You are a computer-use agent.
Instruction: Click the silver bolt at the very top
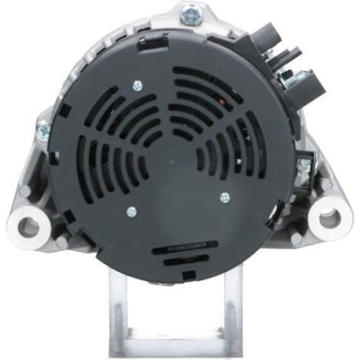[193, 13]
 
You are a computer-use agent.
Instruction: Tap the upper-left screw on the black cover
[137, 86]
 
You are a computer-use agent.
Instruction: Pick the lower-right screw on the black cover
[224, 197]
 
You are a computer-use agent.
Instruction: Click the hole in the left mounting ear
[26, 225]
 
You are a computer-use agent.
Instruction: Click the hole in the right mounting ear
[330, 219]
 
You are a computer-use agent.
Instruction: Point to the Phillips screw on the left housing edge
[43, 126]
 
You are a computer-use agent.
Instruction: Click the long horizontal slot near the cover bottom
[183, 250]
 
